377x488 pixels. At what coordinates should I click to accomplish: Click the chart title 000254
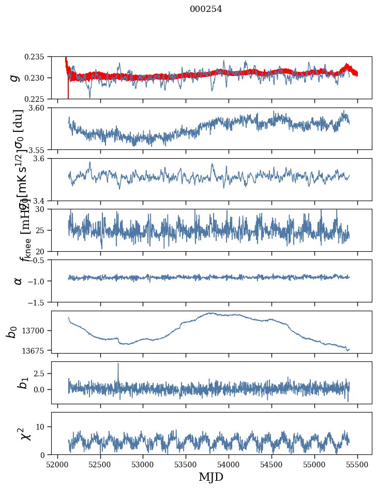click(206, 9)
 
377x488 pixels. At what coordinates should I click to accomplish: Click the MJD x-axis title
click(211, 477)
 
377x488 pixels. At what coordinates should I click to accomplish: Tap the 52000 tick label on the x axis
click(57, 464)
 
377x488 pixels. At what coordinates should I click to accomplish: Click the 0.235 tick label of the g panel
click(37, 56)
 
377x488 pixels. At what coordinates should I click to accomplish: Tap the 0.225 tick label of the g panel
click(37, 99)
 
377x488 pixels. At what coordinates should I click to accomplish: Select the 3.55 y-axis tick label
click(39, 149)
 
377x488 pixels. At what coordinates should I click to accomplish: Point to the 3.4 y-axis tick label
click(41, 201)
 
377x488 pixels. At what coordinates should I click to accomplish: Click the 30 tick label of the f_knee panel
click(43, 209)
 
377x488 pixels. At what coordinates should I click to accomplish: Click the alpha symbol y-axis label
click(18, 280)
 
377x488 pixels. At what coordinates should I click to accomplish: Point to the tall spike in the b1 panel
click(118, 364)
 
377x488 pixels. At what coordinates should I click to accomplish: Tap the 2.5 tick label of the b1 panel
click(41, 373)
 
